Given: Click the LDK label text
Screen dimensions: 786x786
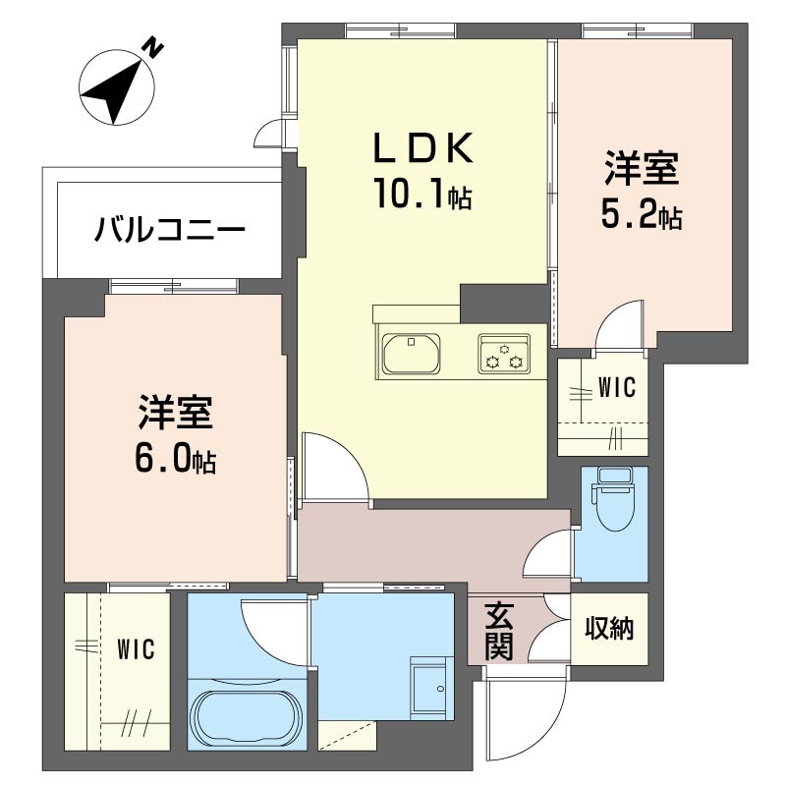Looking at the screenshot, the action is (x=423, y=148).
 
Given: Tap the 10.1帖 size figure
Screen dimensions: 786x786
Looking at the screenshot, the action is (x=423, y=194).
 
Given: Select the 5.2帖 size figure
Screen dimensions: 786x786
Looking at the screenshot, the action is (x=642, y=216).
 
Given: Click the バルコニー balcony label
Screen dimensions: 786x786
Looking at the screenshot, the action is (x=170, y=230).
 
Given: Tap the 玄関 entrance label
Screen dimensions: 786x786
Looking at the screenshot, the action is (x=499, y=631).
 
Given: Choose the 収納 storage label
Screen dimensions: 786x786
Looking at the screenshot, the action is (x=609, y=628).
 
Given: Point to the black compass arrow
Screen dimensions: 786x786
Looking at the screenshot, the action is (x=113, y=91).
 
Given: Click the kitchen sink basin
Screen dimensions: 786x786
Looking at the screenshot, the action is (x=411, y=354).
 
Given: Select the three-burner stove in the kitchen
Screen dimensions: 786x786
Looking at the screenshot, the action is (x=504, y=354).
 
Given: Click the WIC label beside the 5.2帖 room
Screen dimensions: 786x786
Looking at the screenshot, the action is (x=617, y=387).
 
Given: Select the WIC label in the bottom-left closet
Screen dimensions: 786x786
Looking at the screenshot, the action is (x=136, y=649).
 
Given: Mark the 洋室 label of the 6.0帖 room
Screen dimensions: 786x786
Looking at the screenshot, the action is (x=176, y=413).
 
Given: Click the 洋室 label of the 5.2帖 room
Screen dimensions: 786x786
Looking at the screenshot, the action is (x=642, y=167).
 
